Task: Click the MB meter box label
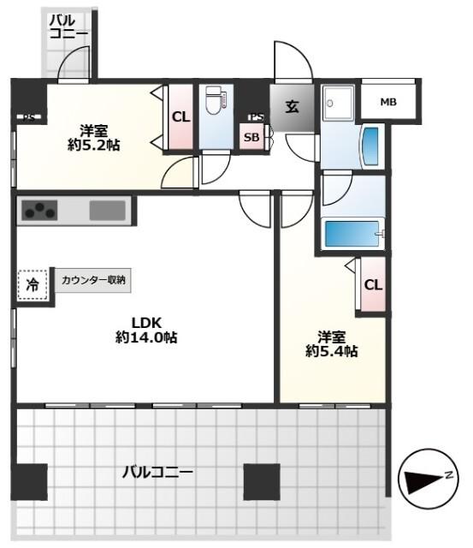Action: pos(388,102)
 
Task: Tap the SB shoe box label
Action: pos(251,137)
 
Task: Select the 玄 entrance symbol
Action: pos(292,108)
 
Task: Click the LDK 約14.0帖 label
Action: pos(147,330)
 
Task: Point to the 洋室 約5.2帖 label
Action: pos(94,138)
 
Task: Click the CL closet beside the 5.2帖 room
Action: pos(180,117)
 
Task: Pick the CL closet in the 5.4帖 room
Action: pos(373,285)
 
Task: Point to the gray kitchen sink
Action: pos(107,210)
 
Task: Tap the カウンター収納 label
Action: pos(93,279)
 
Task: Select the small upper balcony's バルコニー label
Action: pos(68,27)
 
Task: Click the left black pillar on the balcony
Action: pos(30,481)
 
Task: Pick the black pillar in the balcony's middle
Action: pos(262,481)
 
